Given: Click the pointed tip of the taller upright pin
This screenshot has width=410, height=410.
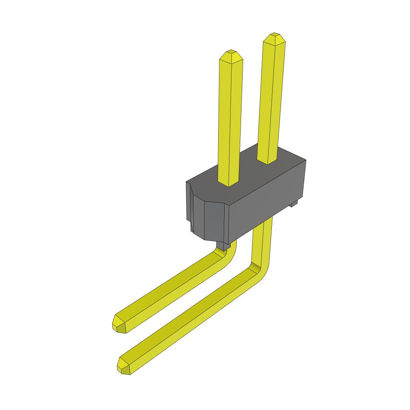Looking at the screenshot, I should point(274,37).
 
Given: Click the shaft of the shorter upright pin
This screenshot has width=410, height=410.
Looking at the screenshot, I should point(230,120).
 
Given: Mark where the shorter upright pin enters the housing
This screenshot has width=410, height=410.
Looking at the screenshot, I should point(228,182).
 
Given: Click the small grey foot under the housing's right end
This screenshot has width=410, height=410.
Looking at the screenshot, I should point(294,204).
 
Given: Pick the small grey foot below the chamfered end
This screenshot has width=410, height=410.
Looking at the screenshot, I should point(222,245).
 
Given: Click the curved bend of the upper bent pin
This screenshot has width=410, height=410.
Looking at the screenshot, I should point(229,254).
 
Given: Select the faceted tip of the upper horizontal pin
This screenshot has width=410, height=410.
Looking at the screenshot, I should point(118,324).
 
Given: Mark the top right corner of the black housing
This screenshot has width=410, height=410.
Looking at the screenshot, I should point(306,161).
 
